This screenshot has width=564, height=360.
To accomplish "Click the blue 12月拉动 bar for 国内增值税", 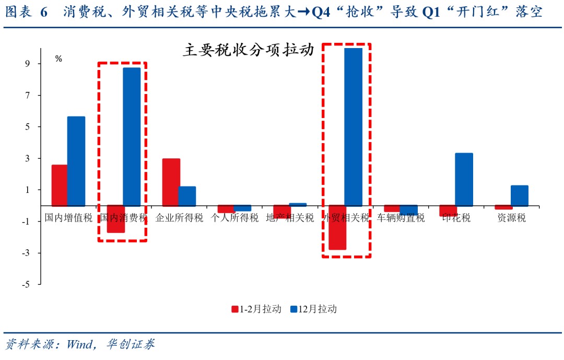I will tap(76, 161).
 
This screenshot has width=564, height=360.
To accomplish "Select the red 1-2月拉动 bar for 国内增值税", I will tap(59, 185).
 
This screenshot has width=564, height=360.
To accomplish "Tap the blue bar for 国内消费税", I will tap(132, 137).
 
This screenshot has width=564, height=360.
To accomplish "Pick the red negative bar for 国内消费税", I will tap(115, 219).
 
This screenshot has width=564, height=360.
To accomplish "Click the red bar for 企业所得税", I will tap(171, 182).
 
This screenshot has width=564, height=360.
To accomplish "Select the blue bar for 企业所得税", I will tap(187, 196).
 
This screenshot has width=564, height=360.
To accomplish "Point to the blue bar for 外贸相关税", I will tap(353, 127).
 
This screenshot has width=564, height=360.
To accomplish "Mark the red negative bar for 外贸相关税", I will tap(337, 228).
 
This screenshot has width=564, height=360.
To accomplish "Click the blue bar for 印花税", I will tap(464, 179).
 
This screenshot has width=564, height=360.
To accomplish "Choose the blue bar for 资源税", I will tap(519, 195).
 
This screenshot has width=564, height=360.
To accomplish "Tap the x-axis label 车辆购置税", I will tap(401, 218).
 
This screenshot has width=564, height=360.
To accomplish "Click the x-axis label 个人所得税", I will tap(234, 218).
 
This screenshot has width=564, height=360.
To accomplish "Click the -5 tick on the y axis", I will tap(26, 285).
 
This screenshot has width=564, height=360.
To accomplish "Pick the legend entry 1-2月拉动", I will tap(256, 309).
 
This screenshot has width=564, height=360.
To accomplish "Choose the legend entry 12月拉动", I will tap(313, 309).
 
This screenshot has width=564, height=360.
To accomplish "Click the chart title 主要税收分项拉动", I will tap(248, 50).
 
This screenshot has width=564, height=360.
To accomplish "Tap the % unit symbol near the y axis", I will tap(58, 59).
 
